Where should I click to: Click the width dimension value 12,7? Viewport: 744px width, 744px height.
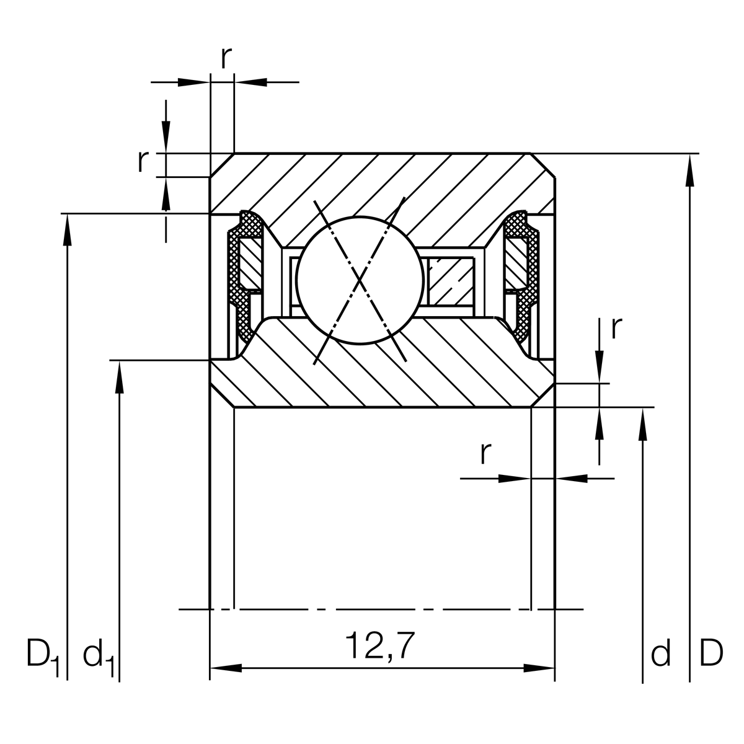pyautogui.click(x=379, y=647)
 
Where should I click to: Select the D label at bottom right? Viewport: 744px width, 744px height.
pyautogui.click(x=711, y=653)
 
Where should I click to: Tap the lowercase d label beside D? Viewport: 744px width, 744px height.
pyautogui.click(x=660, y=653)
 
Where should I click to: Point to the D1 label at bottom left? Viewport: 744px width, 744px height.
pyautogui.click(x=42, y=656)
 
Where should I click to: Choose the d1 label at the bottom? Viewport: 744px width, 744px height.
pyautogui.click(x=98, y=656)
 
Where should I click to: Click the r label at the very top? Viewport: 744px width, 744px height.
pyautogui.click(x=226, y=57)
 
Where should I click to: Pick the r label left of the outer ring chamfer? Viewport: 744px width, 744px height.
pyautogui.click(x=143, y=161)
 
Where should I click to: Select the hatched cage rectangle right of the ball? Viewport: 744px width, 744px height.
pyautogui.click(x=451, y=280)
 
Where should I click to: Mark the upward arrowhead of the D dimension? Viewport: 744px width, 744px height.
pyautogui.click(x=689, y=170)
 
